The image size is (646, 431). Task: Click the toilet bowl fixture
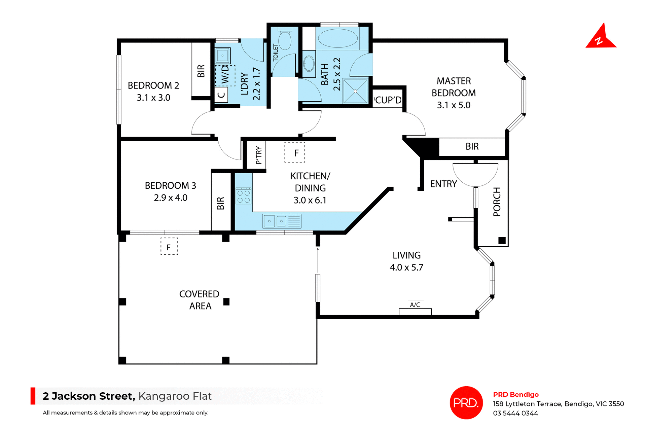(285, 40)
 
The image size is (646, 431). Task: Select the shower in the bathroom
(355, 91)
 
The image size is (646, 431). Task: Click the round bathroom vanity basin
(309, 63)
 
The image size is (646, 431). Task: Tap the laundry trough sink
(222, 56)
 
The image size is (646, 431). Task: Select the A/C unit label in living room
(415, 305)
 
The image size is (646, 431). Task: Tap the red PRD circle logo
(466, 402)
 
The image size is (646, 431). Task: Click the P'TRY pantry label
(258, 155)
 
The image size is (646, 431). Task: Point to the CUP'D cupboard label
(388, 100)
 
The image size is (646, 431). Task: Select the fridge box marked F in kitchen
(295, 153)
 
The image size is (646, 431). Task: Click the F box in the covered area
(169, 247)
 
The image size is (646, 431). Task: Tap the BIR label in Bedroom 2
(201, 71)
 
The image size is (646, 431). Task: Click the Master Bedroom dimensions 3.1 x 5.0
(454, 105)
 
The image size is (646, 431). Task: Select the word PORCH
(497, 202)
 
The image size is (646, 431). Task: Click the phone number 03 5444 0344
(515, 413)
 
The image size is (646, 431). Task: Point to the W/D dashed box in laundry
(225, 75)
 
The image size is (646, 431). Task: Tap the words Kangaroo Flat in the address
(175, 396)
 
